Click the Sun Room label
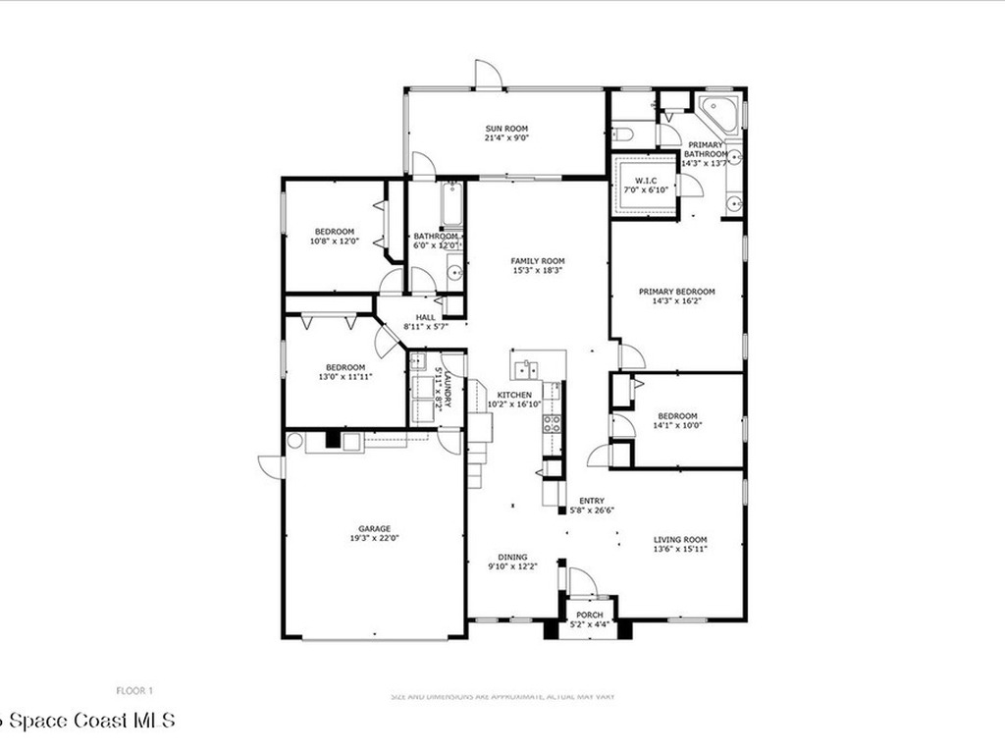(506, 129)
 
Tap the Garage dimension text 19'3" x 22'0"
(374, 538)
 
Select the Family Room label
(537, 261)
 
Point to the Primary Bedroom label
(676, 292)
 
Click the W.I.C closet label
(645, 180)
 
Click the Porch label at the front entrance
(590, 616)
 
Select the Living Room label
(680, 539)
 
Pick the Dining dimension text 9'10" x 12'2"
(513, 565)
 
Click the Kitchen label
(513, 394)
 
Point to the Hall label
(425, 317)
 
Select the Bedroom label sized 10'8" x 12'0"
(334, 232)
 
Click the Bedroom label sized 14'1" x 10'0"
(677, 415)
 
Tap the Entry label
(592, 499)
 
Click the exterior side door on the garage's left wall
(271, 465)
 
